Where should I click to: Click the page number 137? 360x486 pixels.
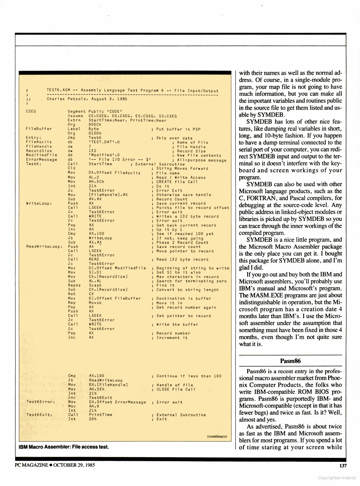point(343,465)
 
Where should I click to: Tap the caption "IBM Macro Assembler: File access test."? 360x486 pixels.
point(64,447)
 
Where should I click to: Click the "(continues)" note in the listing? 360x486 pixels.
point(217,436)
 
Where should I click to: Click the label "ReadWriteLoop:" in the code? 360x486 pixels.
point(44,247)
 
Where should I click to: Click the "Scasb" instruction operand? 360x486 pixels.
point(95,285)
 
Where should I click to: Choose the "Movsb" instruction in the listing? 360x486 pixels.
point(95,303)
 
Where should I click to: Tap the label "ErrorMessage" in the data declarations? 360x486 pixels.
point(41,160)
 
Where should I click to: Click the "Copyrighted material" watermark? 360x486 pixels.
point(337,478)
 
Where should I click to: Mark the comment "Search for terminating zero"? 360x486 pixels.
point(191,281)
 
